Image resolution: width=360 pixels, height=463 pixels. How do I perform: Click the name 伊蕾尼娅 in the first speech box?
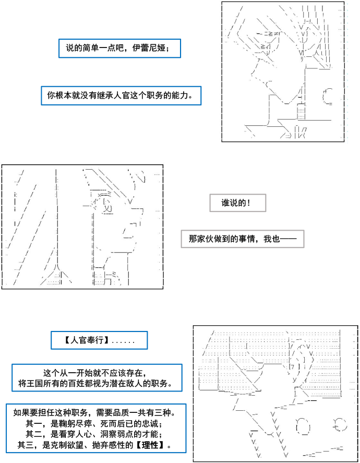(x=149, y=48)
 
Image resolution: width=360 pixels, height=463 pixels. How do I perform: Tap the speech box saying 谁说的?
(x=237, y=203)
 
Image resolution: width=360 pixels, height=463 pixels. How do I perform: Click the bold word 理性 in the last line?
(x=150, y=445)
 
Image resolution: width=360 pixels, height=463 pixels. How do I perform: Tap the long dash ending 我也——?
(x=289, y=239)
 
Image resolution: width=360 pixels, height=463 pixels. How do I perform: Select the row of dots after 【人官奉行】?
(x=123, y=342)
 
